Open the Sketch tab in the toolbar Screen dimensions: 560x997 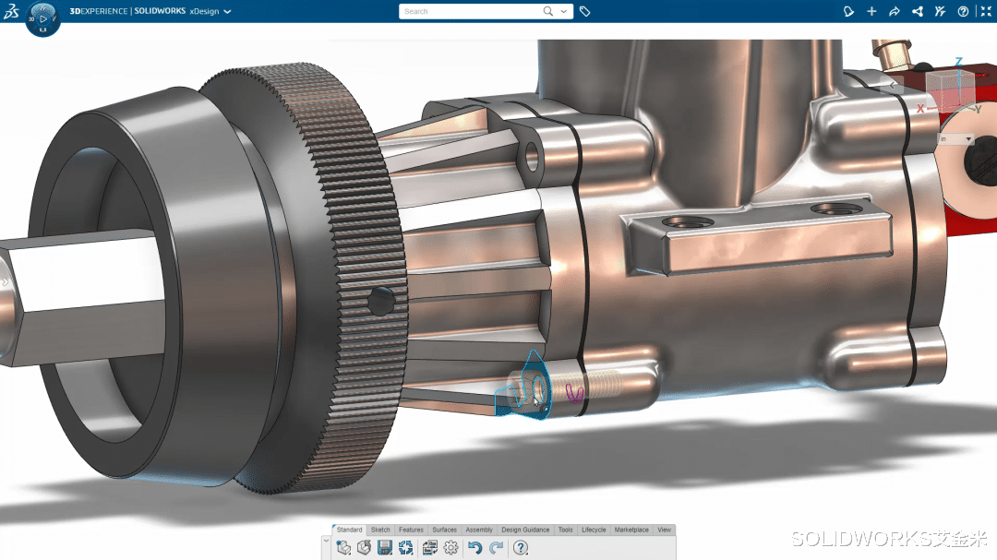click(x=380, y=530)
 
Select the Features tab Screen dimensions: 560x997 click(x=411, y=530)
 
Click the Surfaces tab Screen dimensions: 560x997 click(x=444, y=530)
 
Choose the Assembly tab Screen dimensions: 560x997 click(x=479, y=530)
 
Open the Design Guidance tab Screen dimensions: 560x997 click(x=525, y=530)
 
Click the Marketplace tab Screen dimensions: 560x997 click(x=631, y=530)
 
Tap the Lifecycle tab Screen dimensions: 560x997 click(x=594, y=530)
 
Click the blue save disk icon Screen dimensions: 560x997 click(x=385, y=548)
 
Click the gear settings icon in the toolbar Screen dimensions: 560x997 click(x=450, y=548)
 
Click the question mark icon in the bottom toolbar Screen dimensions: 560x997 click(x=521, y=548)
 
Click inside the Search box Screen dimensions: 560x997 click(x=471, y=11)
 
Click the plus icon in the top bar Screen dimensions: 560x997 click(x=871, y=11)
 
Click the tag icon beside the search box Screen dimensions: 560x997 click(x=585, y=11)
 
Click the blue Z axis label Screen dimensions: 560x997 click(x=959, y=62)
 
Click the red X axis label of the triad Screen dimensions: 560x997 click(x=920, y=109)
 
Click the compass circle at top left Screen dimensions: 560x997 click(x=42, y=18)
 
